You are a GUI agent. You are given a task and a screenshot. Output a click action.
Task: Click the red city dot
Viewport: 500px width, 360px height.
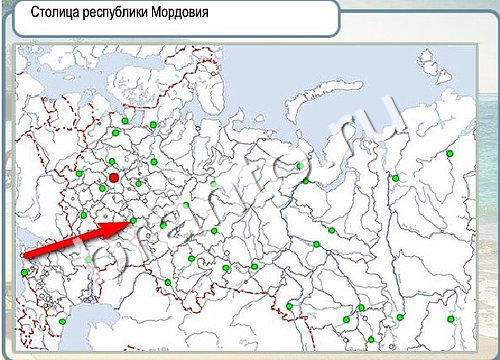[114, 177]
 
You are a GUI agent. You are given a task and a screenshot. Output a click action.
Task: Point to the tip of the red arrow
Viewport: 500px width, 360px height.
[131, 222]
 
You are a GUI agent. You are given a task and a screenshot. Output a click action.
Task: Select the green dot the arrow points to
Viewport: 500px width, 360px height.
[134, 221]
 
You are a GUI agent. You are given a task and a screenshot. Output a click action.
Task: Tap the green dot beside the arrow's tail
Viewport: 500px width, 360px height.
[24, 271]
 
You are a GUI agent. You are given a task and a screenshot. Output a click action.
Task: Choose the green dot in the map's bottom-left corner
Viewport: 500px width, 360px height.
[62, 321]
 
